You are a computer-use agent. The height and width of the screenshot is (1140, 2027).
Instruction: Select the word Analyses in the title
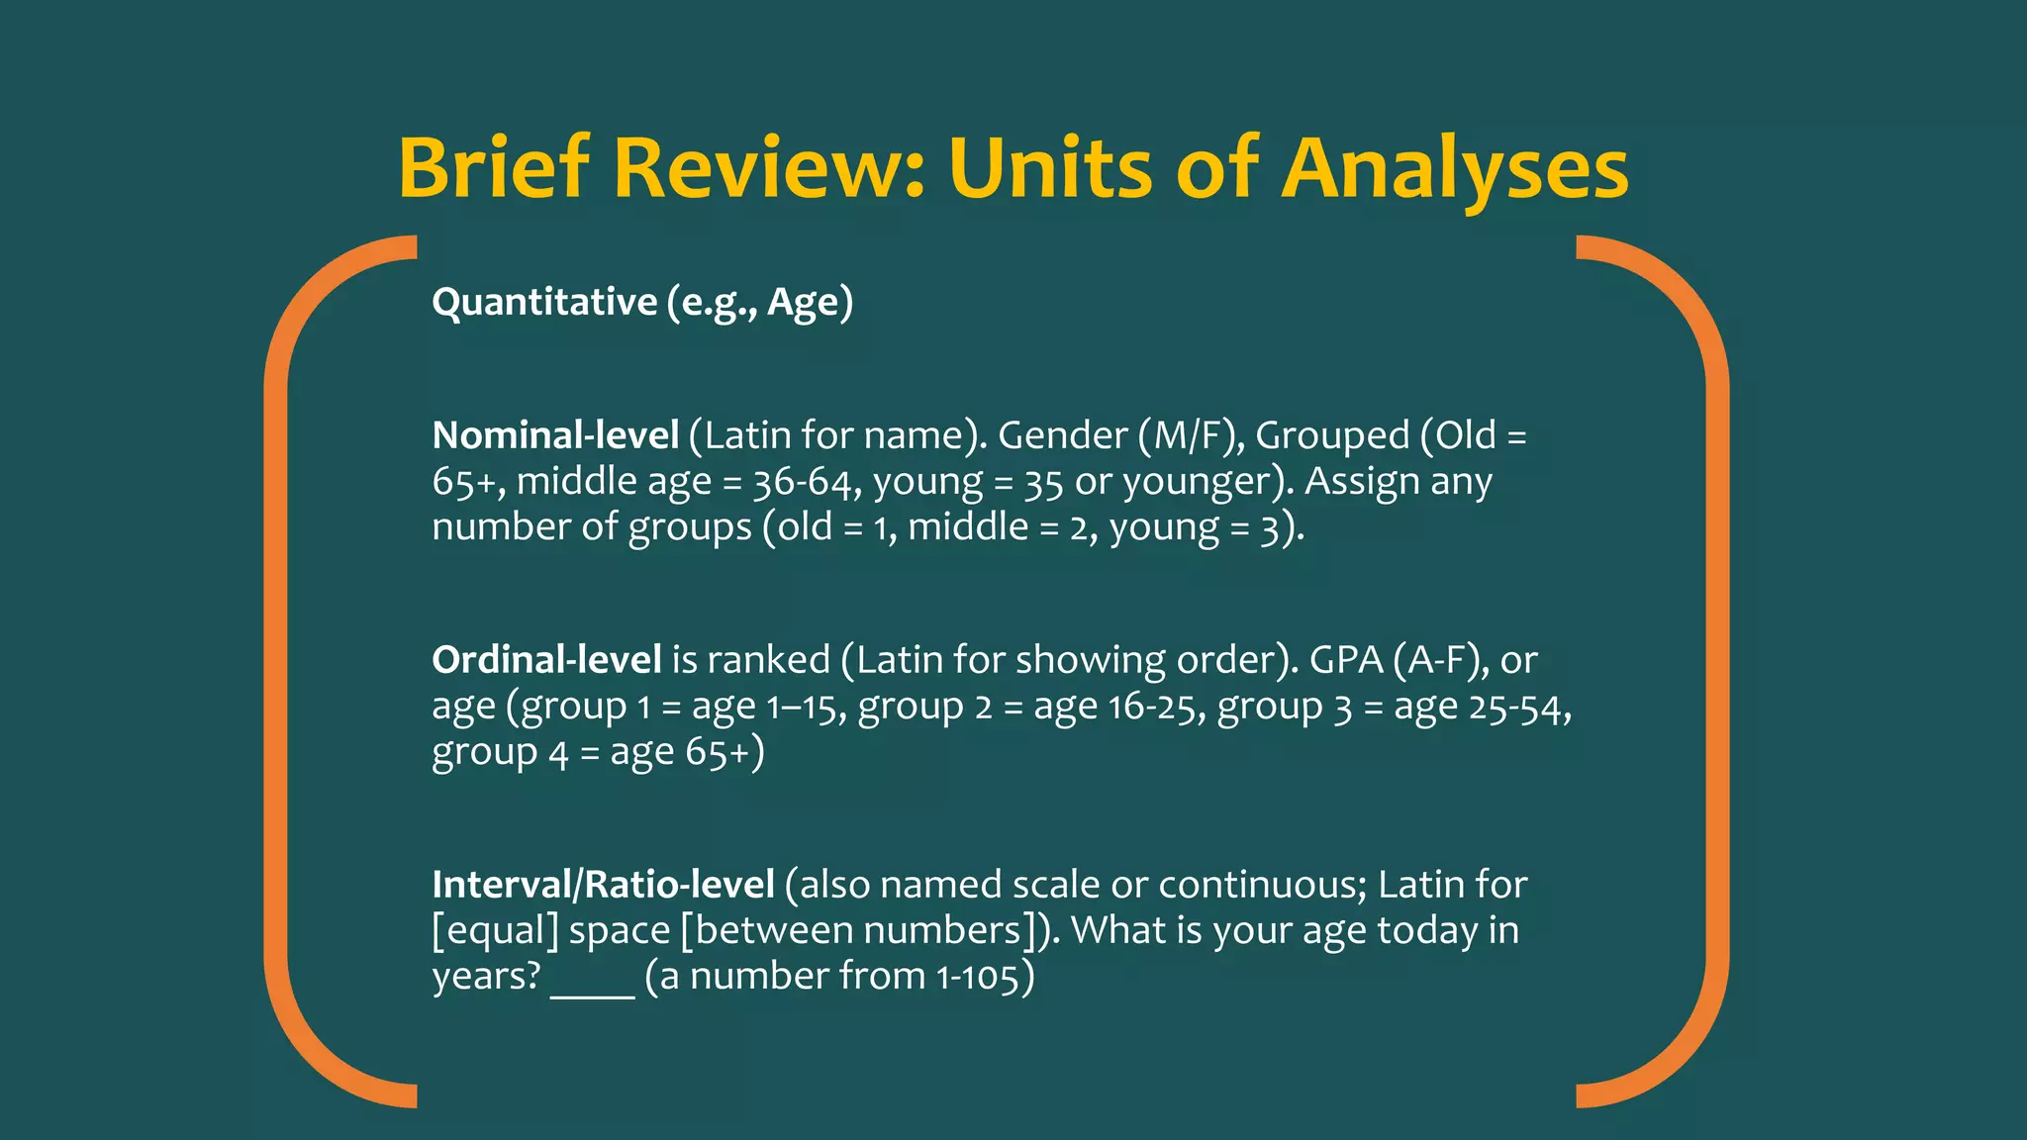(1455, 168)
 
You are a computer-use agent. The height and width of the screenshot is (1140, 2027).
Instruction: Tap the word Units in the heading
(1050, 168)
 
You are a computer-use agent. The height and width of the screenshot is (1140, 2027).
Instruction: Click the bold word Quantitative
(544, 302)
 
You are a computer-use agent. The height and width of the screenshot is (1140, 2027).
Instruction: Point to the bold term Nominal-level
(555, 435)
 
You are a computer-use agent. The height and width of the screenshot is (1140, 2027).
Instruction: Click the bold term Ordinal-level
(546, 660)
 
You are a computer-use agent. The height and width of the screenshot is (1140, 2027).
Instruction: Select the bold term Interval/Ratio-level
(603, 885)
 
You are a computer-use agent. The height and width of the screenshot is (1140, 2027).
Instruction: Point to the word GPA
(1346, 660)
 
